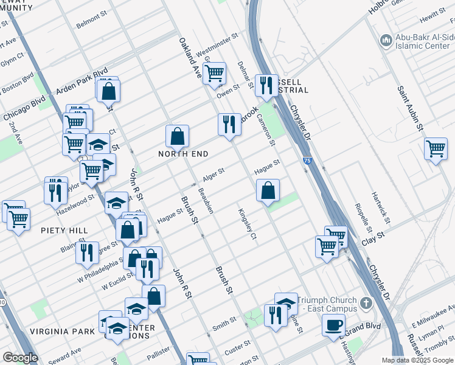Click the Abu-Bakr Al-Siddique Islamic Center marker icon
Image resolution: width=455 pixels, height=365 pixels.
[385, 41]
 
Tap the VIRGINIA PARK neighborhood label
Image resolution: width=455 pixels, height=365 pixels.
[64, 331]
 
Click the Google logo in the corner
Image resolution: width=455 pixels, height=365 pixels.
[20, 358]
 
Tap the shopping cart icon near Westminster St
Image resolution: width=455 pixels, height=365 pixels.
[214, 74]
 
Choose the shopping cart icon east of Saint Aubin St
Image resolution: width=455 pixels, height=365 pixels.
[436, 148]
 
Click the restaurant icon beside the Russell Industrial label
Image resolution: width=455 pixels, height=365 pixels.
[266, 86]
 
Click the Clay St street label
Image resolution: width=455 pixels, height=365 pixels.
[373, 234]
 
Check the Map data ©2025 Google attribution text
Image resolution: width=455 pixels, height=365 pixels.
[417, 360]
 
